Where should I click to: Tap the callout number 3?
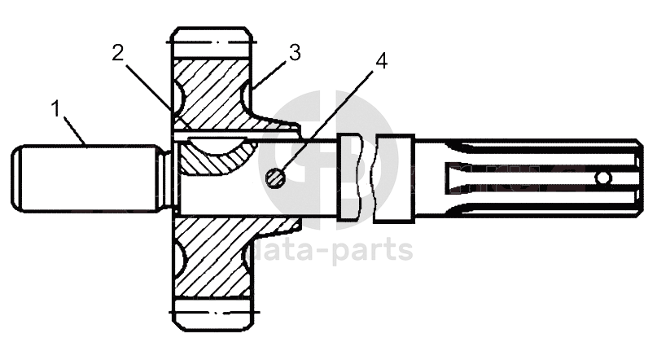[294, 53]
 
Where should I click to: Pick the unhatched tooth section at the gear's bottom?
[211, 314]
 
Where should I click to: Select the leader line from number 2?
[147, 81]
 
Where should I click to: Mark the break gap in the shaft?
[368, 177]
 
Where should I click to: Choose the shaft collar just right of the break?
[396, 177]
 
